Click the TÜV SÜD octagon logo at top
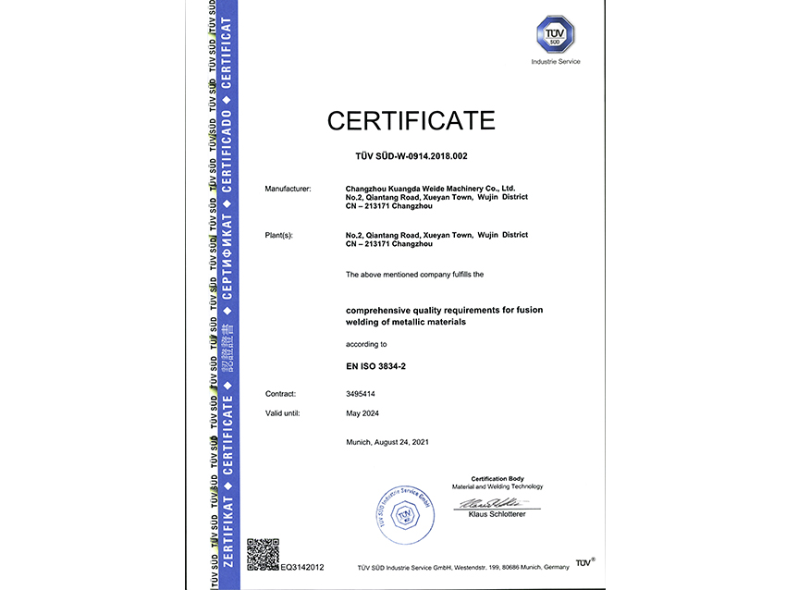(x=556, y=36)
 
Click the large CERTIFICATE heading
(x=411, y=120)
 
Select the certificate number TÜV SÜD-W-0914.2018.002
(x=411, y=156)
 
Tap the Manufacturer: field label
(x=288, y=189)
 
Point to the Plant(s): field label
(x=278, y=235)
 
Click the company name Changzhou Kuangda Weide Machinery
(x=431, y=189)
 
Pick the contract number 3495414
(x=362, y=394)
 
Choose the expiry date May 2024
(x=362, y=413)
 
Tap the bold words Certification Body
(x=497, y=478)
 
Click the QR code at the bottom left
(x=263, y=554)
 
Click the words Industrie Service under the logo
(x=556, y=62)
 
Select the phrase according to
(x=366, y=344)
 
